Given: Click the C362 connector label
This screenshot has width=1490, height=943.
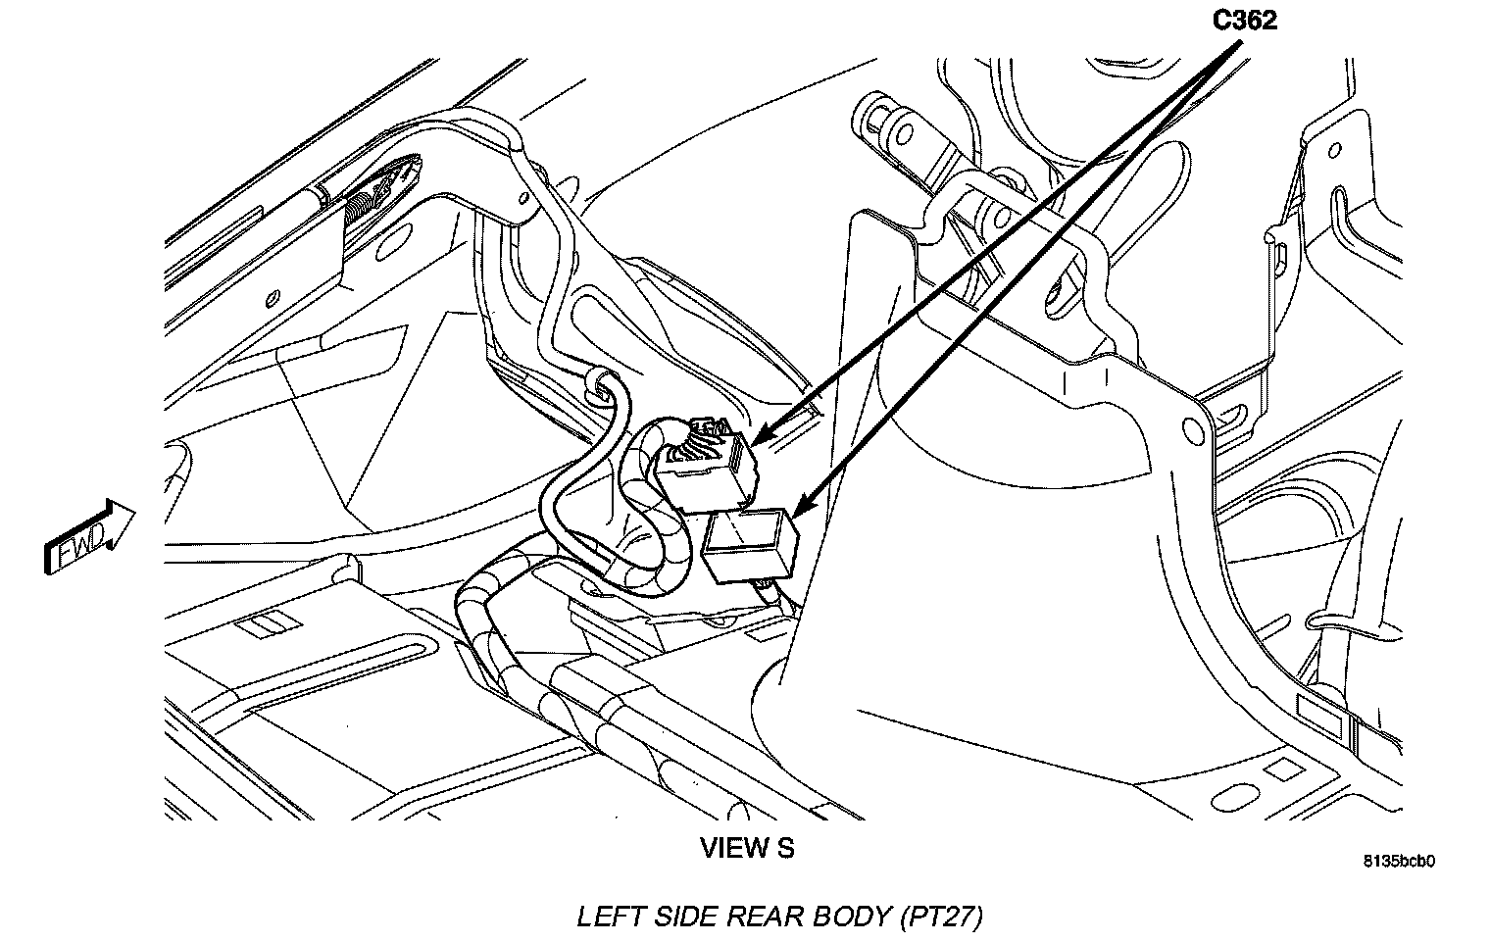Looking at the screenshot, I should pyautogui.click(x=1245, y=20).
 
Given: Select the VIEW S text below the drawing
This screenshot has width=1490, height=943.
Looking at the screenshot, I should pyautogui.click(x=747, y=848).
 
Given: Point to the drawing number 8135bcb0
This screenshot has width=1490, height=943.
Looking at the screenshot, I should pyautogui.click(x=1399, y=862).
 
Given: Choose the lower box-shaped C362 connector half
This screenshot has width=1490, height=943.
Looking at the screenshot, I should pyautogui.click(x=751, y=545).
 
